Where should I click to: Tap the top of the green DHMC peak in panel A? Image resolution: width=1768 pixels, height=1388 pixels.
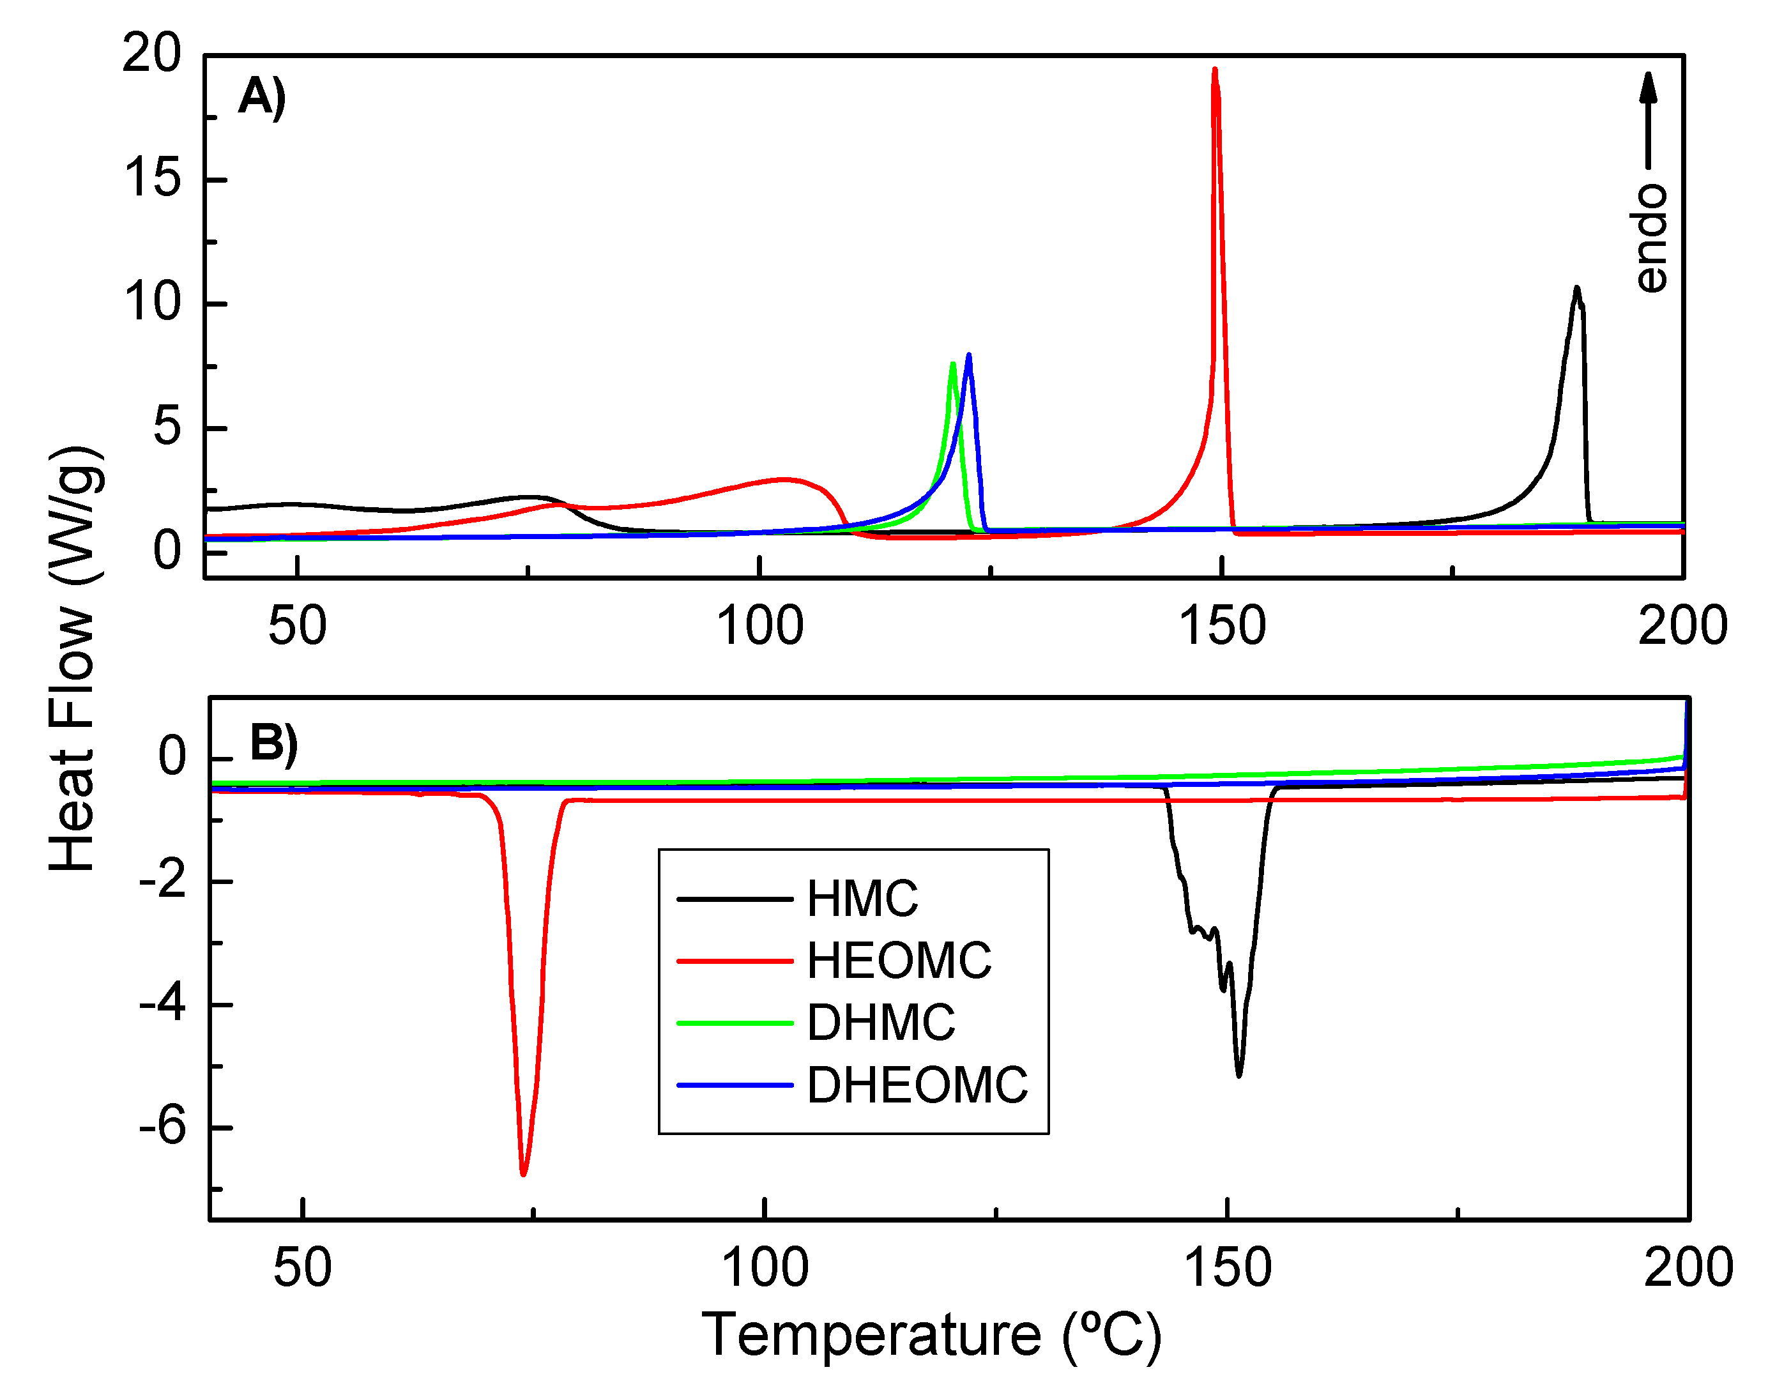952,364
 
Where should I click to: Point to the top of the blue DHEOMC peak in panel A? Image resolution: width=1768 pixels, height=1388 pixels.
968,356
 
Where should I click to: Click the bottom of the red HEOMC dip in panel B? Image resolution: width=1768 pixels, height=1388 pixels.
523,1173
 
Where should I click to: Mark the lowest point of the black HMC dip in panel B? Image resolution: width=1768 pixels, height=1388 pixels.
1239,1075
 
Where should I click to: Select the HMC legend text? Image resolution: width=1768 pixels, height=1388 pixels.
862,899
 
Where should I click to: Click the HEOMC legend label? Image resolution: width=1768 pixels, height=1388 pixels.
899,961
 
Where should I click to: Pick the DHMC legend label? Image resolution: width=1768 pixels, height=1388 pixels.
881,1022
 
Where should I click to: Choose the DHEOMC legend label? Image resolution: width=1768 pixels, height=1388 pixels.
917,1085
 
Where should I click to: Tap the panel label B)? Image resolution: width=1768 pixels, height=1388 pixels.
273,743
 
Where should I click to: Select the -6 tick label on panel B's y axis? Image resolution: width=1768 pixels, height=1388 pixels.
162,1127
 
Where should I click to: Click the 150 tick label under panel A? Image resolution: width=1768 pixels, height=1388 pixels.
1221,627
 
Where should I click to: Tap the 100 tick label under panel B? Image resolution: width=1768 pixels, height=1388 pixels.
765,1268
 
